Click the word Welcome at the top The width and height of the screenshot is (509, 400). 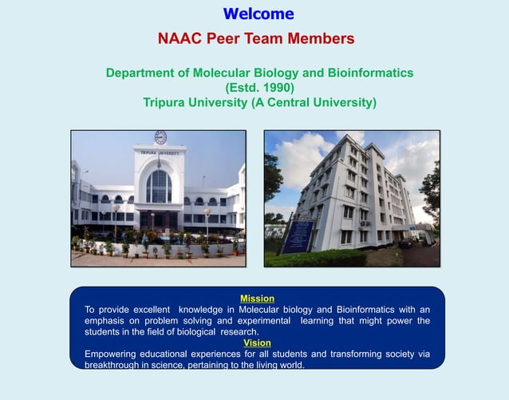[x=258, y=14]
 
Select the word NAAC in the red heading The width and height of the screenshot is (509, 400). [x=181, y=39]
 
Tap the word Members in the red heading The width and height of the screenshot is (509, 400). [x=322, y=39]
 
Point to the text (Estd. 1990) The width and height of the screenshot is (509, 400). [x=259, y=87]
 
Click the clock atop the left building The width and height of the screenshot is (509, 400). [x=160, y=137]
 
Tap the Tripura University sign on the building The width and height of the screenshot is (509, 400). [x=159, y=152]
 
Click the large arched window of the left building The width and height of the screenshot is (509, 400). [x=159, y=187]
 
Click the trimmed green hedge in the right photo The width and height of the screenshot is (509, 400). [x=319, y=257]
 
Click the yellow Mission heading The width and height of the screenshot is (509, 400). [x=257, y=299]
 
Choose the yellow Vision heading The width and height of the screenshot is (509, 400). [x=257, y=343]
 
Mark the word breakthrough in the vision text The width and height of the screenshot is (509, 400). [x=116, y=365]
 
